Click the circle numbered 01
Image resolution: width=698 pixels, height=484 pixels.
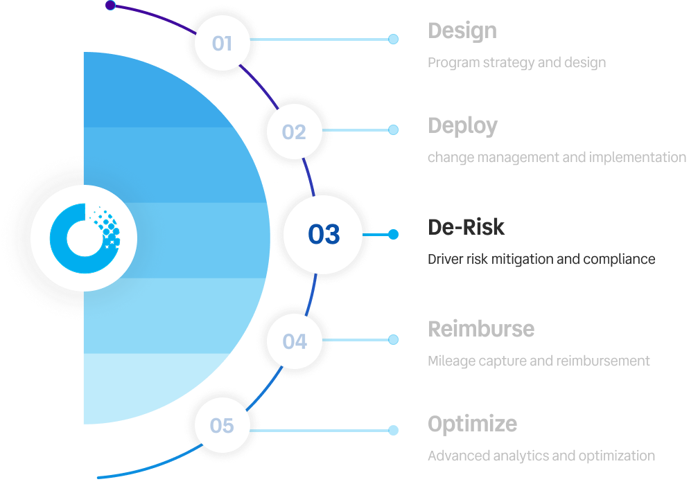tap(222, 43)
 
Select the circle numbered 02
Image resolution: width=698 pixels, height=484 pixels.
tap(294, 132)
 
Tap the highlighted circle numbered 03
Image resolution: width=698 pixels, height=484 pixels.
tap(324, 235)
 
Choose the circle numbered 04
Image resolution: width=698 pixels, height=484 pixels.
tap(295, 341)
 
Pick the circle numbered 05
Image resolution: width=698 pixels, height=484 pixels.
tap(222, 425)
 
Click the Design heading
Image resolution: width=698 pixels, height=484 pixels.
tap(462, 31)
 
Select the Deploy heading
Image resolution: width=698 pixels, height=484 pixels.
tap(462, 126)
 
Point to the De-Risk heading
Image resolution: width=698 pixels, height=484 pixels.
tap(466, 227)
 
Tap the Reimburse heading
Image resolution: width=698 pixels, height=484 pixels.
tap(480, 328)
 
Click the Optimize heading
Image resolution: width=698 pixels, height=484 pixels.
tap(472, 423)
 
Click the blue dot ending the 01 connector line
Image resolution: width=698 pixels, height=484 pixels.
tap(394, 39)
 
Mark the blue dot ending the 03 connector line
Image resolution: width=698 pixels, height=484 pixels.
tap(394, 235)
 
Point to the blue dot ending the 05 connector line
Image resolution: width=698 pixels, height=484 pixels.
tap(394, 431)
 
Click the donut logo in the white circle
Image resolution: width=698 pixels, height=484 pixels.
tap(83, 236)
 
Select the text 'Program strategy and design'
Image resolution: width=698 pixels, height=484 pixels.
tap(516, 63)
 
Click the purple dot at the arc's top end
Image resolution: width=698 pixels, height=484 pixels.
tap(110, 6)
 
